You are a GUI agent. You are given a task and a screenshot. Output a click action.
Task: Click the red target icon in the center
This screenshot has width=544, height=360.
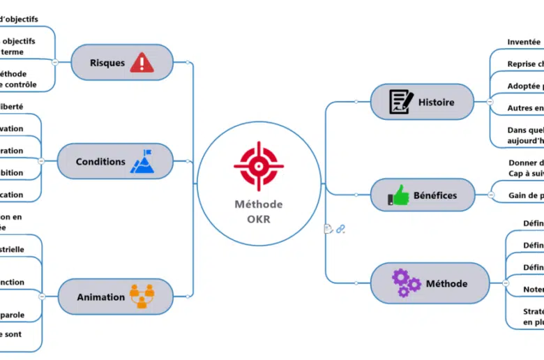click(259, 166)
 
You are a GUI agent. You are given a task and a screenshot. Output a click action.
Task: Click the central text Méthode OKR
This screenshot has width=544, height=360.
click(259, 211)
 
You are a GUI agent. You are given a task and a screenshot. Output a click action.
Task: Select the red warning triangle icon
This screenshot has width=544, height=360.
click(142, 62)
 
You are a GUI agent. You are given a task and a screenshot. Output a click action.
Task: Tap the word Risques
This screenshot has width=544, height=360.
click(107, 63)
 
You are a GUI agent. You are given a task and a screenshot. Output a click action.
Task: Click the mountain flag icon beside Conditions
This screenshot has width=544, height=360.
click(142, 161)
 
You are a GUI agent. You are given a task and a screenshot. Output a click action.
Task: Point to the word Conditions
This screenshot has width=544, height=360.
click(100, 162)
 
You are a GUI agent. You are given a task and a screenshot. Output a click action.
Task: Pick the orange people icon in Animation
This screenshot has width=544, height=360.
click(141, 297)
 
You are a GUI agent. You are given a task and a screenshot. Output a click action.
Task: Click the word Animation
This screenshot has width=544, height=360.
click(101, 297)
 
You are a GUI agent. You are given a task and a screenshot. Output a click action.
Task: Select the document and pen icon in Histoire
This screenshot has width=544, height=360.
click(401, 102)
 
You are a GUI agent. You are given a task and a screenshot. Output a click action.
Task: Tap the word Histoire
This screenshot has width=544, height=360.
click(436, 103)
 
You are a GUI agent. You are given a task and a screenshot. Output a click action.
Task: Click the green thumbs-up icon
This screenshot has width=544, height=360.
click(399, 195)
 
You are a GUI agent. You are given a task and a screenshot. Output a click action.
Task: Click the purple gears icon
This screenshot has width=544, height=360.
click(405, 283)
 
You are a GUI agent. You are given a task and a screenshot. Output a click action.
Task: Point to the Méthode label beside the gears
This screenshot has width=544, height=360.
click(446, 284)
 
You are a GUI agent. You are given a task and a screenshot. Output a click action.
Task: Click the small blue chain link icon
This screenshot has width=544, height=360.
click(340, 229)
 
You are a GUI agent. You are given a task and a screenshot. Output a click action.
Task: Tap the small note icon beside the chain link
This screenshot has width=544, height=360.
click(328, 228)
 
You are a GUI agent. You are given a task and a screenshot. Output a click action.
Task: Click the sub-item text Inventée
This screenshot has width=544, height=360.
click(524, 42)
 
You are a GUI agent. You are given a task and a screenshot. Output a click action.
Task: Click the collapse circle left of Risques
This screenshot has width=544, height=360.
click(55, 63)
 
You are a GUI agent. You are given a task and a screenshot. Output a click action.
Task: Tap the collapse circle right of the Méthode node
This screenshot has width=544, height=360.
click(506, 283)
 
